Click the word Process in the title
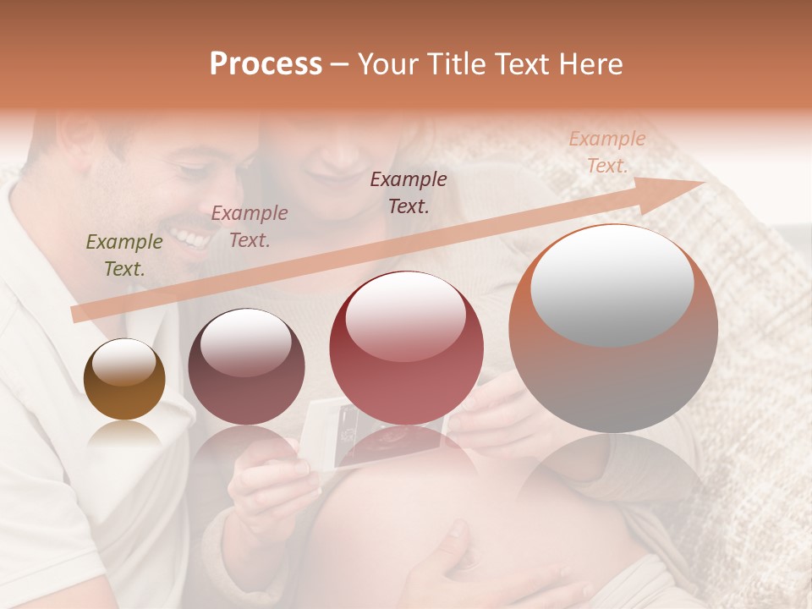pos(266,64)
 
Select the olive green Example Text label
pos(123,255)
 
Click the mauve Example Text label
pos(249,227)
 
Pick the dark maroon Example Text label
pos(409,192)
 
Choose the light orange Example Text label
pos(606,152)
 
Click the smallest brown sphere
pos(124,379)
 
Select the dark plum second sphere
pos(246,367)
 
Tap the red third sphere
pos(406,348)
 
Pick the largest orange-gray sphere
pos(612,328)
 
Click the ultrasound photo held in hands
pos(376,431)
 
